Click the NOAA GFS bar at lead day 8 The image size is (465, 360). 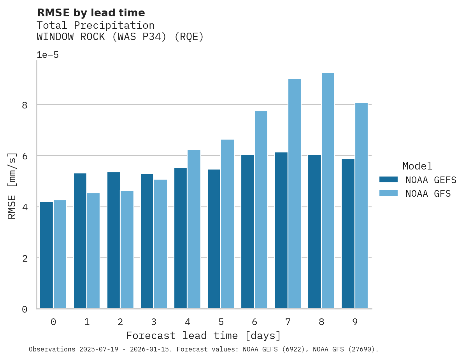tap(328, 191)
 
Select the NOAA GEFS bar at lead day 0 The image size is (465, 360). tap(46, 255)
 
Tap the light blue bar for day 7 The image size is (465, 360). tap(294, 194)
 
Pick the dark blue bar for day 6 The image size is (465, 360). tap(247, 232)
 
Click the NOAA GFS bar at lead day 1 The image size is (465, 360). tap(93, 251)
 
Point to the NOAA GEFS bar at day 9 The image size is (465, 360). tap(348, 234)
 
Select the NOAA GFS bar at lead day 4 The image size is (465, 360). tap(194, 229)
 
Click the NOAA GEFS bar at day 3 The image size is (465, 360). tap(147, 241)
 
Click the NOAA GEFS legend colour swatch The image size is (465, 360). tap(388, 180)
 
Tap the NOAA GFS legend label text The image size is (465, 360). tap(428, 194)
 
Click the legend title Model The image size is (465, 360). tap(417, 166)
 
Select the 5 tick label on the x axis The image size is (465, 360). tap(221, 322)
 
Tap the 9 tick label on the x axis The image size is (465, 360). tap(355, 322)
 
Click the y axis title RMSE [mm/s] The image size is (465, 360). tap(12, 185)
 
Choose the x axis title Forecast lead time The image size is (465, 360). tap(203, 336)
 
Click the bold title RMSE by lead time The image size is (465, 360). tap(91, 13)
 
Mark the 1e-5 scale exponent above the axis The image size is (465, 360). tap(47, 55)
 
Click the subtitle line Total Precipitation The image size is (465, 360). tap(95, 26)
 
